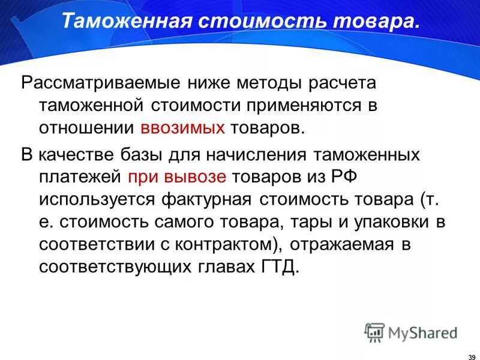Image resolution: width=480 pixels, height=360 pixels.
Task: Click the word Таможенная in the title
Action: click(127, 22)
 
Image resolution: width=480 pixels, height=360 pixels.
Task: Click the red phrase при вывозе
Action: click(177, 176)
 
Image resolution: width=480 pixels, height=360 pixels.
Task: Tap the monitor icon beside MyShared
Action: click(374, 332)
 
